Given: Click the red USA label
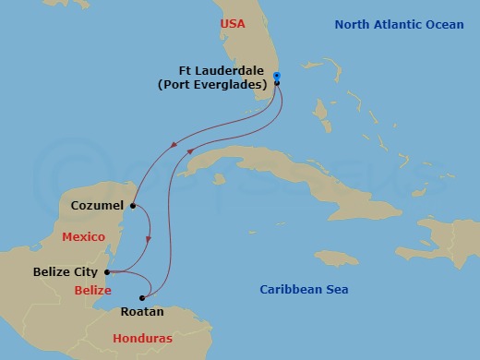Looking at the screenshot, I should (233, 23).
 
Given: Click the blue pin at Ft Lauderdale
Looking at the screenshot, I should (277, 77).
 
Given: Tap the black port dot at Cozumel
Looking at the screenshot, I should (134, 206).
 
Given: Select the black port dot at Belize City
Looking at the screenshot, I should (108, 272).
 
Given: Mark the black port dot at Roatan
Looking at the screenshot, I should (143, 297).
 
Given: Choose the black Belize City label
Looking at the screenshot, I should (66, 272).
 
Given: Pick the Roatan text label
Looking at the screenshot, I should (142, 312).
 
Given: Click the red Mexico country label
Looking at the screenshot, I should (83, 237).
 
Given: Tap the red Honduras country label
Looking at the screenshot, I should (141, 339).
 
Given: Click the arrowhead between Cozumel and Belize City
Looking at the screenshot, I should (149, 242).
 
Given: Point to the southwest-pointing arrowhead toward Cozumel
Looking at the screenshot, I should (174, 145).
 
